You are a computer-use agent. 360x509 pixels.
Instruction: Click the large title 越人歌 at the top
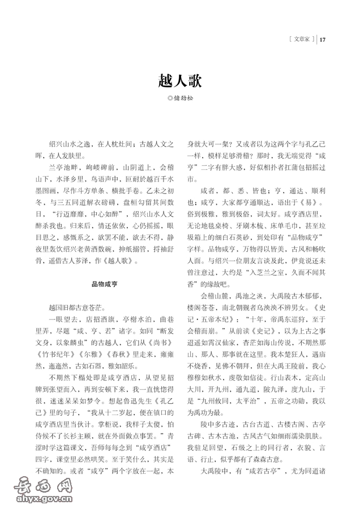tap(179, 79)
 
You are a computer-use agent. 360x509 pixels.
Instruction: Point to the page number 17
tap(323, 39)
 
